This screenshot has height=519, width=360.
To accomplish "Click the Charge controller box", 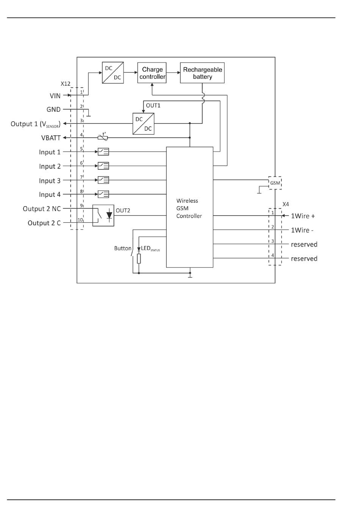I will click(152, 73).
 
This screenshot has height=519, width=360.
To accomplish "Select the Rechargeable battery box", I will click(202, 73).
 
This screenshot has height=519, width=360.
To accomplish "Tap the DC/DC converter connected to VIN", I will click(113, 73).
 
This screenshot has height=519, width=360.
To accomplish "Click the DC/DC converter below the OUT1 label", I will click(144, 123).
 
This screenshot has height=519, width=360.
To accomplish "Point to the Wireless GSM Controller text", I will click(189, 208).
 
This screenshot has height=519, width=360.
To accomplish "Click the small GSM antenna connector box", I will click(275, 183).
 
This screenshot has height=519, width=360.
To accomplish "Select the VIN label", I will click(55, 96).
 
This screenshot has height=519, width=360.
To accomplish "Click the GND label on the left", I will click(53, 109).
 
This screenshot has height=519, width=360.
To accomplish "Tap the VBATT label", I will click(51, 138).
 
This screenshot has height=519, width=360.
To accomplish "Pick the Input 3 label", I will click(50, 181).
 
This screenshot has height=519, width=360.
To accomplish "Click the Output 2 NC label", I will click(42, 209).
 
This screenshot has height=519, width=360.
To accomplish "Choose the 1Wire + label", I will click(303, 216).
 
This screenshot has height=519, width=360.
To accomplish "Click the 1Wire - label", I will click(302, 230).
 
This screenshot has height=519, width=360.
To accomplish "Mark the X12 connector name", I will click(66, 84).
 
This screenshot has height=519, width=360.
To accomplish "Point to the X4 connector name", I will click(286, 204).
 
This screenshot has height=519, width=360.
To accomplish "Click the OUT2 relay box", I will click(103, 216).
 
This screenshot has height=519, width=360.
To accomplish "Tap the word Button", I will click(123, 249).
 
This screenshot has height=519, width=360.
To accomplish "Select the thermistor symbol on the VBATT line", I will click(103, 138).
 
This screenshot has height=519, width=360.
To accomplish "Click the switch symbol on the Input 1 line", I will click(103, 152).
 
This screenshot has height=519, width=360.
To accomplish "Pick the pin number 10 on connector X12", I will click(80, 220).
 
